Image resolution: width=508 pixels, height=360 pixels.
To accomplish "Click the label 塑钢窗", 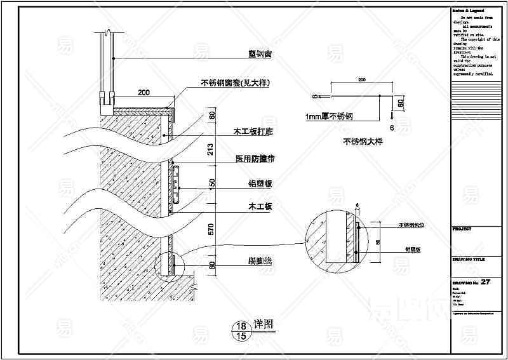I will (x=260, y=55).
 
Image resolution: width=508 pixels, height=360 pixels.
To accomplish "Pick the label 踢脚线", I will (x=260, y=261).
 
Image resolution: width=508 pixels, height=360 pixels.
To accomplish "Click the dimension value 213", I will (x=212, y=149).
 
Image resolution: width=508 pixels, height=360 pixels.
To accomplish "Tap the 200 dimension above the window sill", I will (x=144, y=93).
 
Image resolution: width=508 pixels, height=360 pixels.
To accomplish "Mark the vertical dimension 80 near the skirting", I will (x=212, y=266).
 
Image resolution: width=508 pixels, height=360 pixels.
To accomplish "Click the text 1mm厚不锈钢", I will (x=329, y=117).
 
